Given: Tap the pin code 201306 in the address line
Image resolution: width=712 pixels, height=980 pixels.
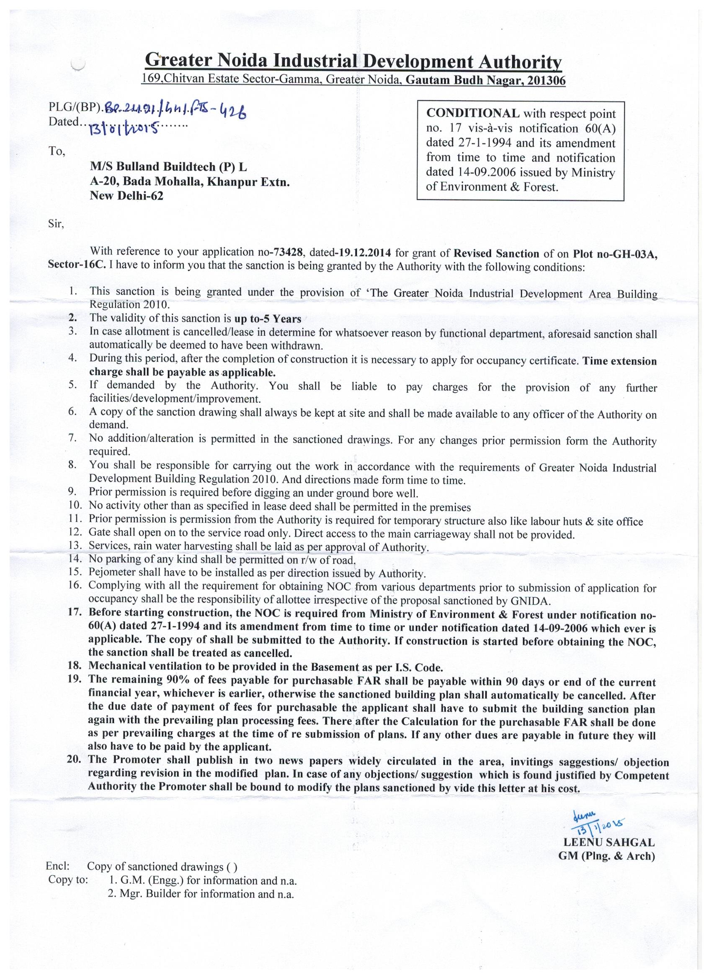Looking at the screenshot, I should point(544,80).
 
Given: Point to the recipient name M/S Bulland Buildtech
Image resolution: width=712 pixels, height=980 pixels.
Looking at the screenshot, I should point(168,167).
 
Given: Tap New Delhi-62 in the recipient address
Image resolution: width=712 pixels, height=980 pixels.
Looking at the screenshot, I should point(126,196).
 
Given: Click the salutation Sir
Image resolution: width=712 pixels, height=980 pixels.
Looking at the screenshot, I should point(56,224).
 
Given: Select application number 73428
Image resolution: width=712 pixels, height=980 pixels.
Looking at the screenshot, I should point(286,252).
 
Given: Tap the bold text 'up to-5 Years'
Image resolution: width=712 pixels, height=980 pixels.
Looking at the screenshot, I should point(267,319).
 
